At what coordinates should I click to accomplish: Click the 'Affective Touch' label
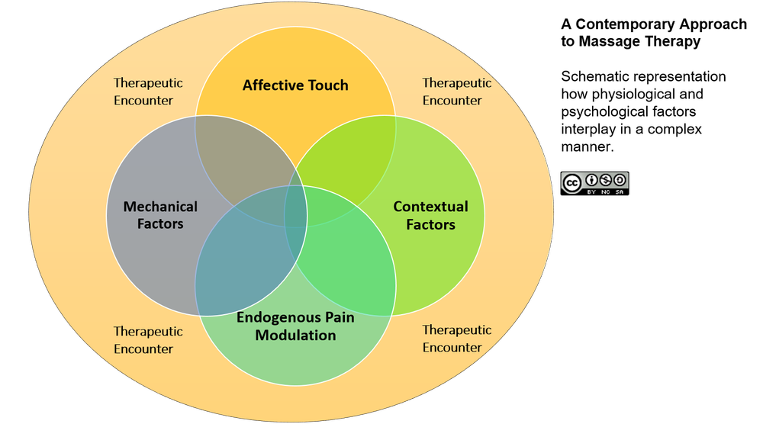tap(295, 85)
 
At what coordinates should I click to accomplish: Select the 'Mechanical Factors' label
tap(160, 215)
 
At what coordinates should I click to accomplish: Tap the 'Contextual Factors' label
tap(430, 215)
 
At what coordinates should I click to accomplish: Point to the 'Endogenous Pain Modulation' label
tap(295, 326)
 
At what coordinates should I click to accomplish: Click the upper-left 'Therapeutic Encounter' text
tap(148, 92)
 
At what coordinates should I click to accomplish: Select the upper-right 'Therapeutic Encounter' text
tap(456, 92)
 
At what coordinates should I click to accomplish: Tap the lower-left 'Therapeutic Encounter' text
tap(148, 340)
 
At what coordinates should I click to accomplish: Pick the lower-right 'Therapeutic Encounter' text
tap(456, 339)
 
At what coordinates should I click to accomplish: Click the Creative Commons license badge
tap(594, 183)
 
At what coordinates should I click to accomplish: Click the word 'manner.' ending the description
tap(588, 147)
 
